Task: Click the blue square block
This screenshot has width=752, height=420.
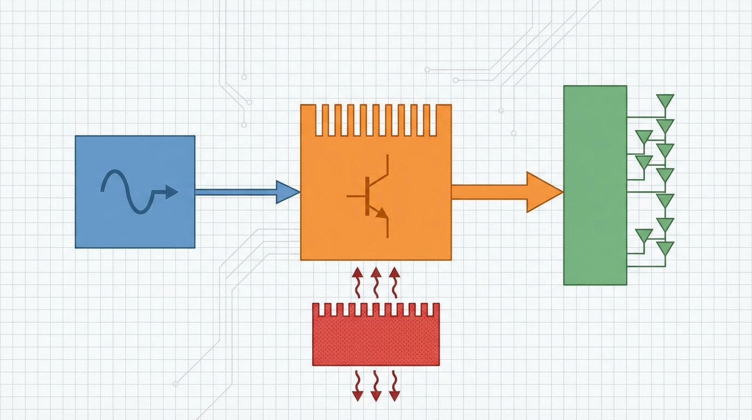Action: coord(109,219)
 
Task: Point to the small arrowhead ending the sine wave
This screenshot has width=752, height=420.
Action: coord(172,192)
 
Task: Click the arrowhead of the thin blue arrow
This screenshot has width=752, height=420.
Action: coord(287,192)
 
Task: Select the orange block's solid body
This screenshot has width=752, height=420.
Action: coord(328,230)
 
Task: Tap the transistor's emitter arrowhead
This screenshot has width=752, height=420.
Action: coord(382,213)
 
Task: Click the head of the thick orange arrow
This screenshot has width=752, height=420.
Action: coord(544,192)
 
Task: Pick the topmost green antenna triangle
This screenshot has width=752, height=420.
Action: coord(665,101)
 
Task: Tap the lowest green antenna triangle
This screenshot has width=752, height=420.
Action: coord(665,248)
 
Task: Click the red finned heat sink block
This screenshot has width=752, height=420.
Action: coord(375,341)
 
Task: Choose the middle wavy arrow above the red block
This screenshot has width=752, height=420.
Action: coord(375,282)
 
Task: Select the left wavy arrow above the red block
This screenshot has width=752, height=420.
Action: coord(357,282)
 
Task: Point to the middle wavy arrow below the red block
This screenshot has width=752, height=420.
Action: coord(375,386)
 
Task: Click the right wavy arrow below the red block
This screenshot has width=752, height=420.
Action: coord(394,386)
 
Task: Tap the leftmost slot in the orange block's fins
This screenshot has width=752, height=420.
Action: coord(319,119)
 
